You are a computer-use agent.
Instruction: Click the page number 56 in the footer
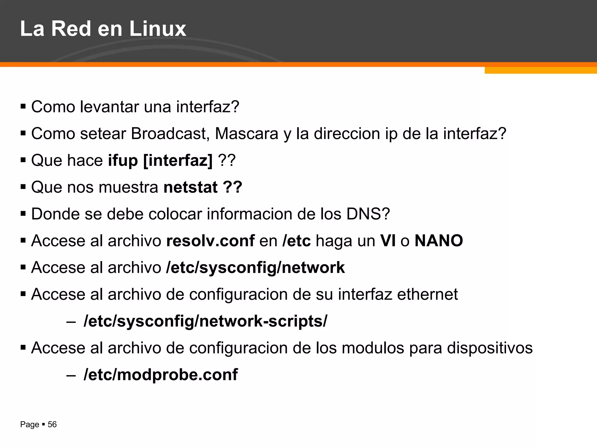pyautogui.click(x=52, y=424)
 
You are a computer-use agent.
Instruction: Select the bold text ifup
pyautogui.click(x=123, y=160)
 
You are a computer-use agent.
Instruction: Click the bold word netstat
pyautogui.click(x=191, y=187)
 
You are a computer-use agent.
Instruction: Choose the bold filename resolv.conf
pyautogui.click(x=210, y=241)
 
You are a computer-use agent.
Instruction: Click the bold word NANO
pyautogui.click(x=439, y=241)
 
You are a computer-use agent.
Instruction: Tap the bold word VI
pyautogui.click(x=388, y=241)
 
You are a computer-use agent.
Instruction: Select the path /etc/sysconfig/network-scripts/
pyautogui.click(x=205, y=321)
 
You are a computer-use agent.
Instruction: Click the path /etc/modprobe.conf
pyautogui.click(x=161, y=375)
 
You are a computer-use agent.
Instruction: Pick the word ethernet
pyautogui.click(x=427, y=294)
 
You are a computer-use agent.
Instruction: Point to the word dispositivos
pyautogui.click(x=490, y=348)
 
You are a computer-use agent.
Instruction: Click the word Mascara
pyautogui.click(x=247, y=134)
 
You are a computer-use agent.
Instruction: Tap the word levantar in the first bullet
pyautogui.click(x=110, y=107)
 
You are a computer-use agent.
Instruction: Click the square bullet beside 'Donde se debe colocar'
pyautogui.click(x=23, y=214)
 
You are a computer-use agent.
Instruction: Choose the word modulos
pyautogui.click(x=373, y=348)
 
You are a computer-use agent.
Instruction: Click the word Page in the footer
pyautogui.click(x=29, y=425)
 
